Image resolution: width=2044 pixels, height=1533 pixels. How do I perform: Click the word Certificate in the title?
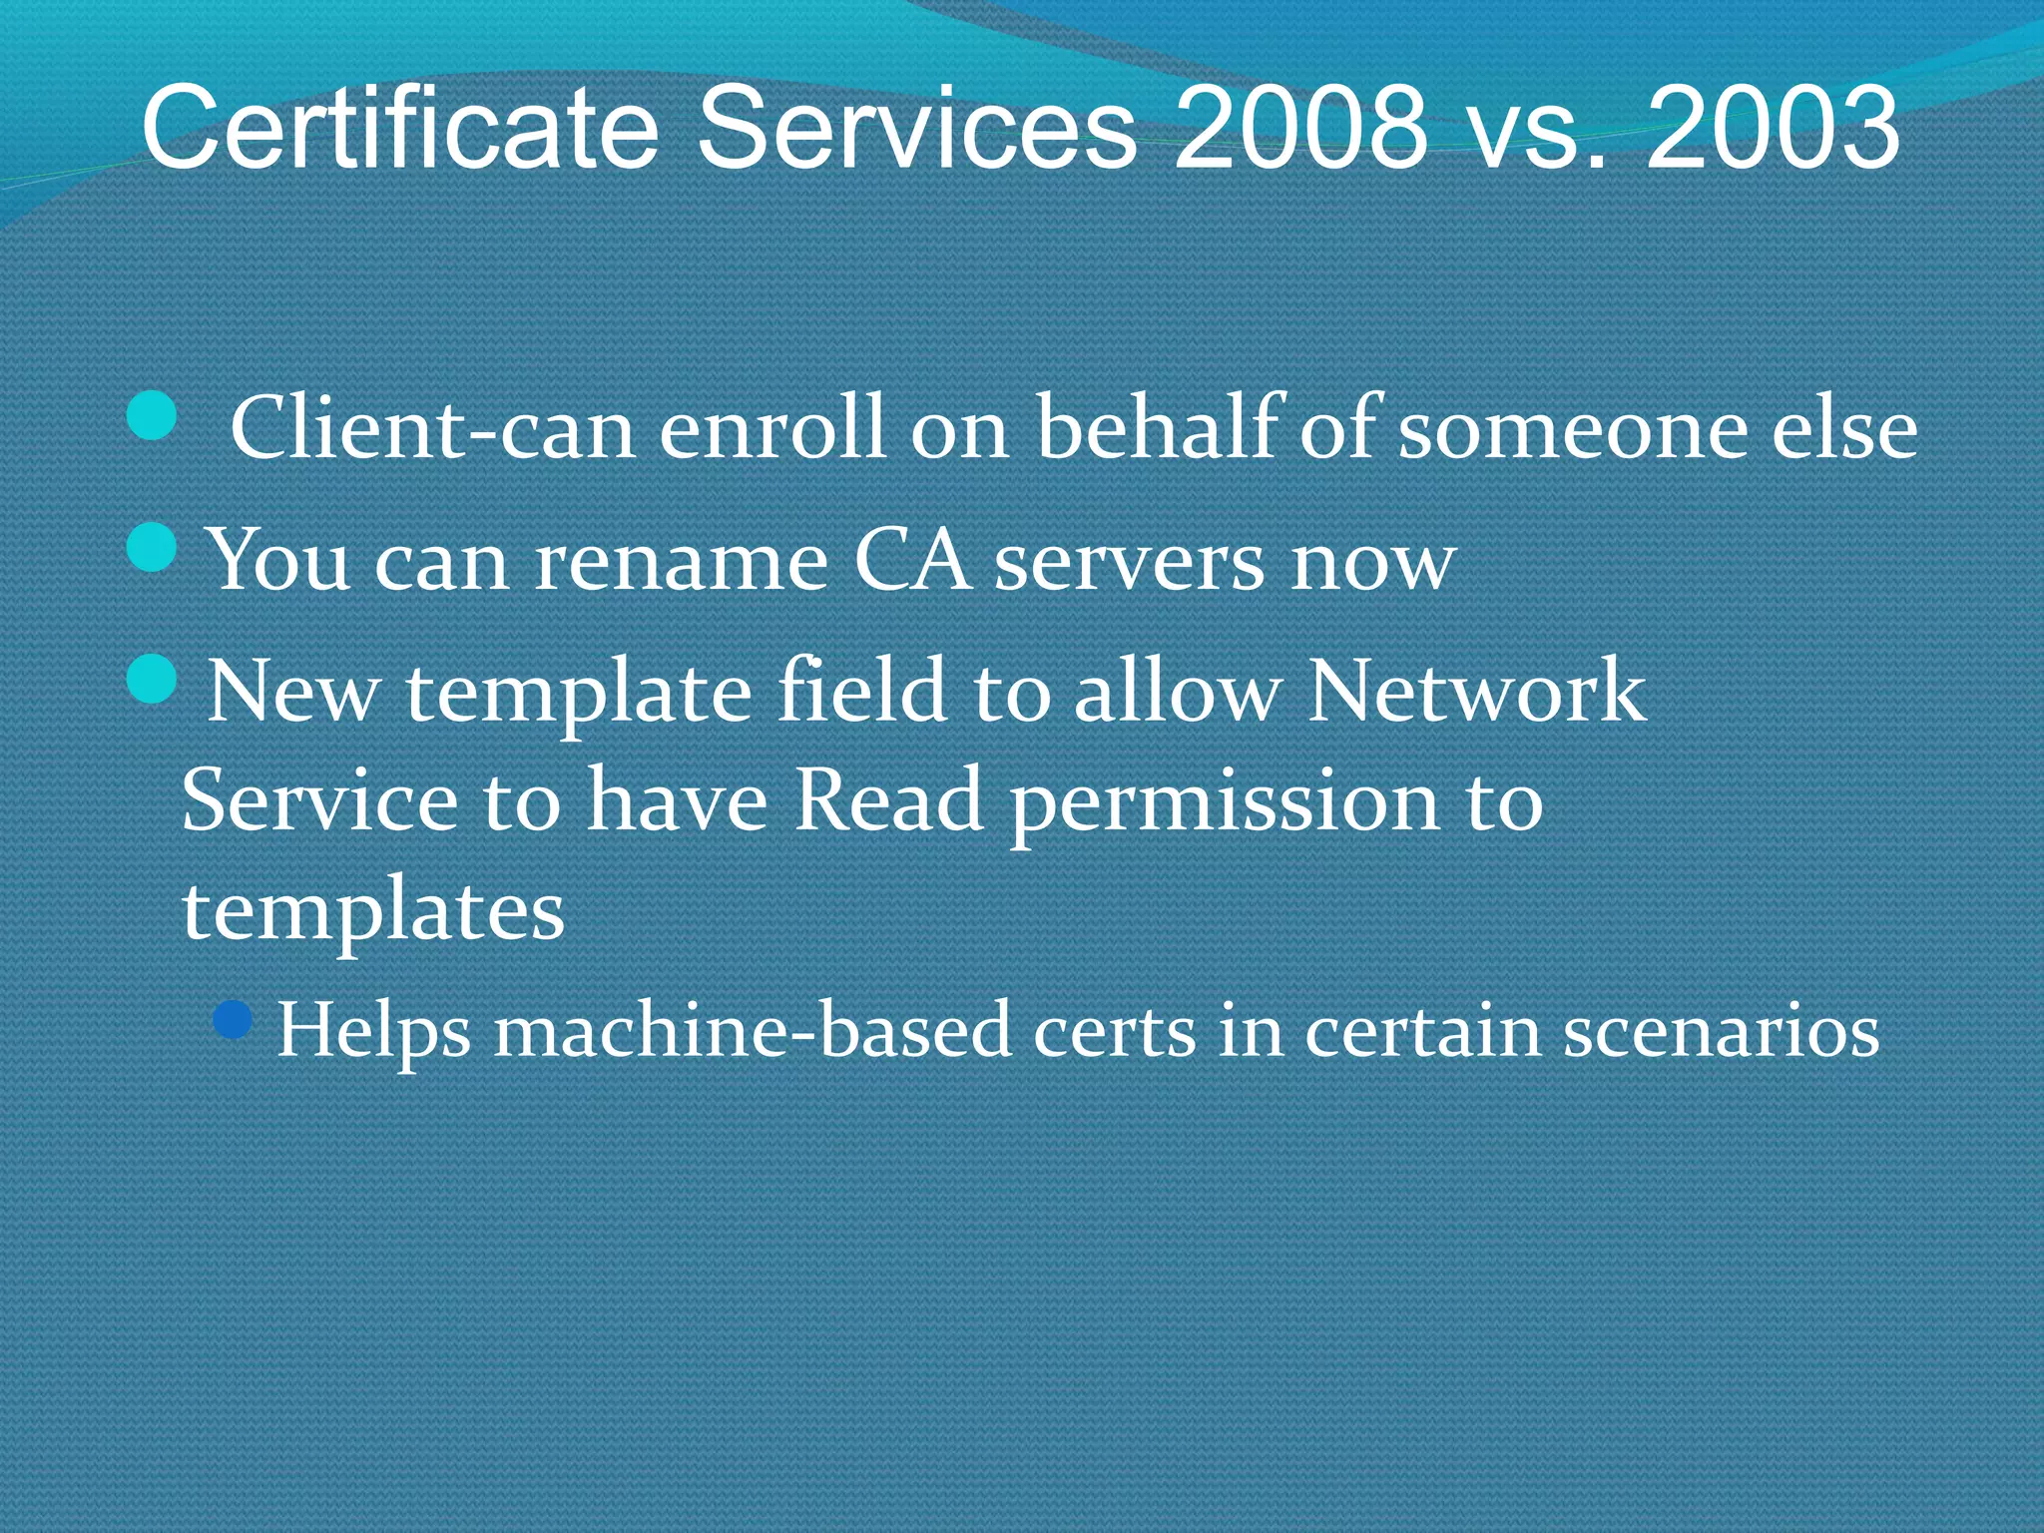(399, 128)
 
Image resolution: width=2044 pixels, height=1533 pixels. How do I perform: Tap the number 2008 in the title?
(1300, 128)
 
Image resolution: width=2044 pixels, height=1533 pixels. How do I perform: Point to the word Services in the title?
(916, 128)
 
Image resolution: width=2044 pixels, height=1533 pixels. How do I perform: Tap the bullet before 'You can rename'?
(153, 547)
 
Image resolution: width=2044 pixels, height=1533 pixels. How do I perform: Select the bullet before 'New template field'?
(153, 679)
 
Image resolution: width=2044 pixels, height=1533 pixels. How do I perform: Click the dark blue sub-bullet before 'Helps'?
(234, 1020)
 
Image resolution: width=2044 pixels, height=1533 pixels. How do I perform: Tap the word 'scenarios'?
(1721, 1030)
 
